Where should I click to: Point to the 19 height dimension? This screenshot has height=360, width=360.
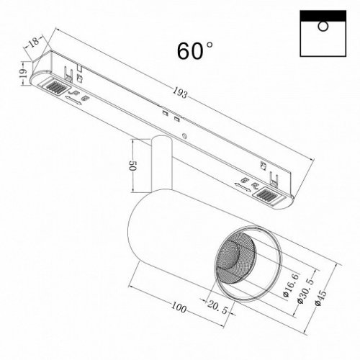click(22, 73)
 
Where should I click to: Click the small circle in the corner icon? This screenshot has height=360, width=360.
click(323, 27)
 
